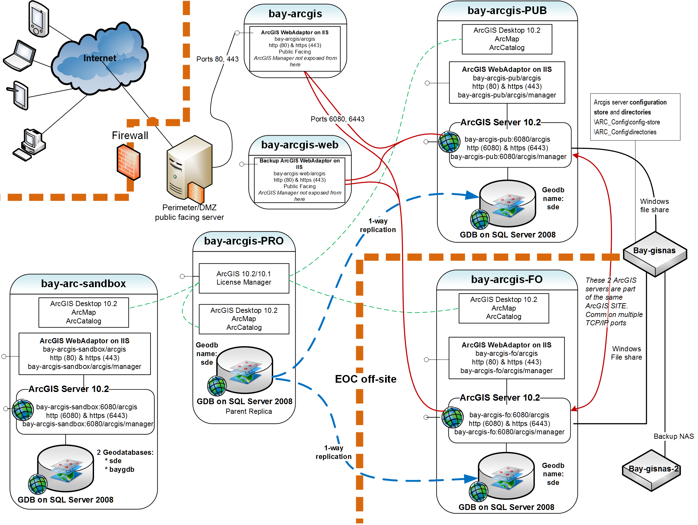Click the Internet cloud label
tap(100, 58)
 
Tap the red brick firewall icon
tap(128, 162)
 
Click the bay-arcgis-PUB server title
tap(507, 11)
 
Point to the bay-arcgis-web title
tap(300, 145)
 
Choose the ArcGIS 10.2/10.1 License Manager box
tap(244, 278)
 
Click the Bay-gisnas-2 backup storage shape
tap(651, 470)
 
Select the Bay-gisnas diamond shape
tap(655, 253)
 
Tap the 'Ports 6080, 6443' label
tap(337, 119)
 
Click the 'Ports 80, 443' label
tap(217, 59)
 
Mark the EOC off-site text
tap(366, 379)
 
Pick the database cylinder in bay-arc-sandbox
tap(65, 468)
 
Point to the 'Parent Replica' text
tap(248, 412)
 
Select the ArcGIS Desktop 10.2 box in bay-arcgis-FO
tap(504, 308)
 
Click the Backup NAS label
tap(674, 437)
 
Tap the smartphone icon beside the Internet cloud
tap(39, 19)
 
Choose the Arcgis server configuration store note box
tap(635, 117)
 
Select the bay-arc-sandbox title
tap(83, 284)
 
